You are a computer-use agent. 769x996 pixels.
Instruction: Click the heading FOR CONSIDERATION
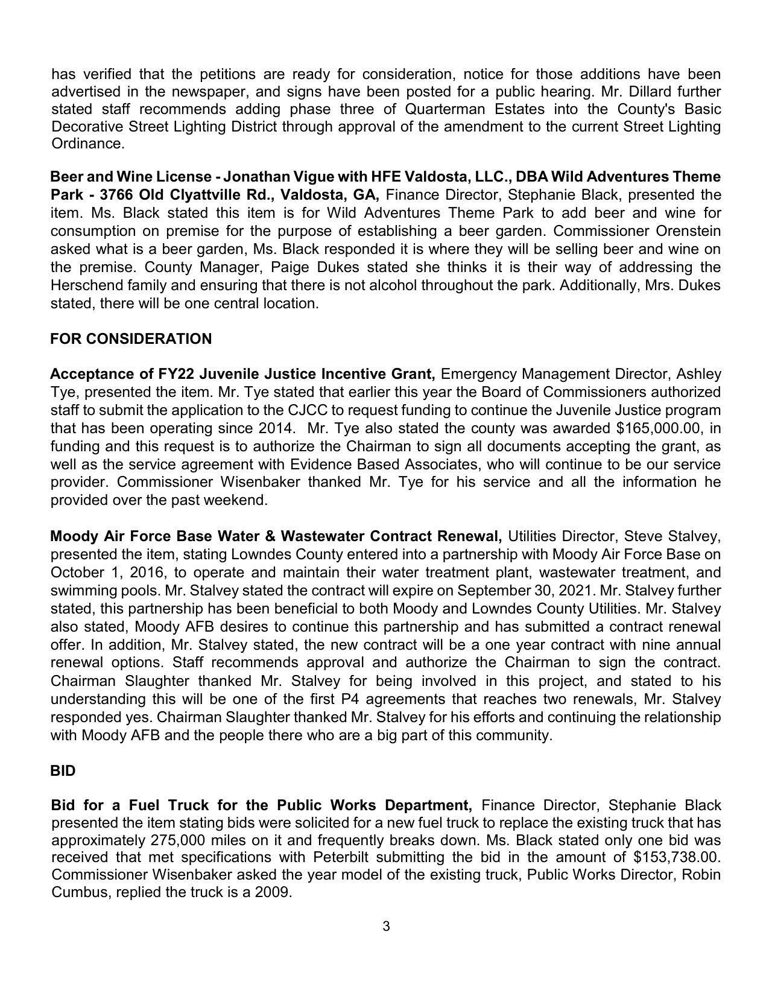[131, 339]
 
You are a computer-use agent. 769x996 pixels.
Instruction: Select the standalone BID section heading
[63, 771]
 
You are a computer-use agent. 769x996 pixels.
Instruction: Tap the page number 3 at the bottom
[386, 926]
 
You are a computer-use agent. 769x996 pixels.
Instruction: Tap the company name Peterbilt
[341, 857]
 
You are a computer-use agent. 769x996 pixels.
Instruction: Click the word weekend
[236, 500]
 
